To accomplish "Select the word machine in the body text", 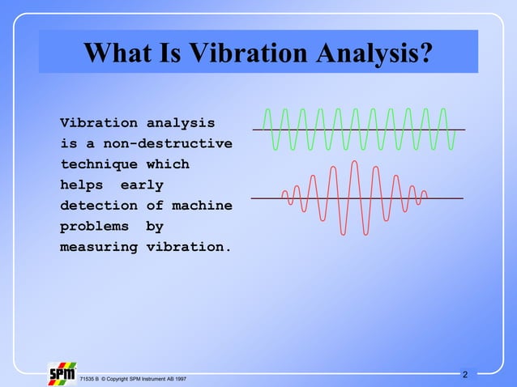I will [202, 206].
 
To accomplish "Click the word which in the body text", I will [168, 164].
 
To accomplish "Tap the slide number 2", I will [464, 375].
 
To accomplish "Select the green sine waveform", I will [357, 129].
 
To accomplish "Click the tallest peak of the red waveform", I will [354, 163].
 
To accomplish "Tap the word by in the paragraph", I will [154, 227].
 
